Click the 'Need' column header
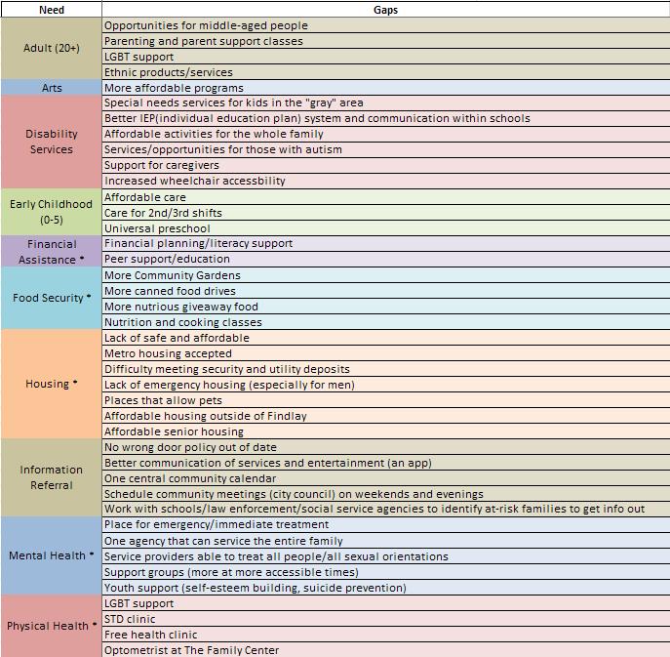click(51, 9)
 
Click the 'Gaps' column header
click(384, 9)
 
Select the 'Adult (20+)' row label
click(52, 49)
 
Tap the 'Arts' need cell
click(52, 88)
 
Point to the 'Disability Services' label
click(52, 143)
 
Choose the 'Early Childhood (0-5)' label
click(52, 213)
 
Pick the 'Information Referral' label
click(52, 477)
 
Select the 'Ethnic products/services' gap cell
click(169, 72)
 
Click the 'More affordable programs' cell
click(174, 88)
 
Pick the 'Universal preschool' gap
click(157, 228)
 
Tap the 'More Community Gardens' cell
click(172, 275)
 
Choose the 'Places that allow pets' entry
click(163, 400)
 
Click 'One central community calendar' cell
click(190, 478)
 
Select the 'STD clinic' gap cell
click(130, 619)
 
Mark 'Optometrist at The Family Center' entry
click(191, 650)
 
